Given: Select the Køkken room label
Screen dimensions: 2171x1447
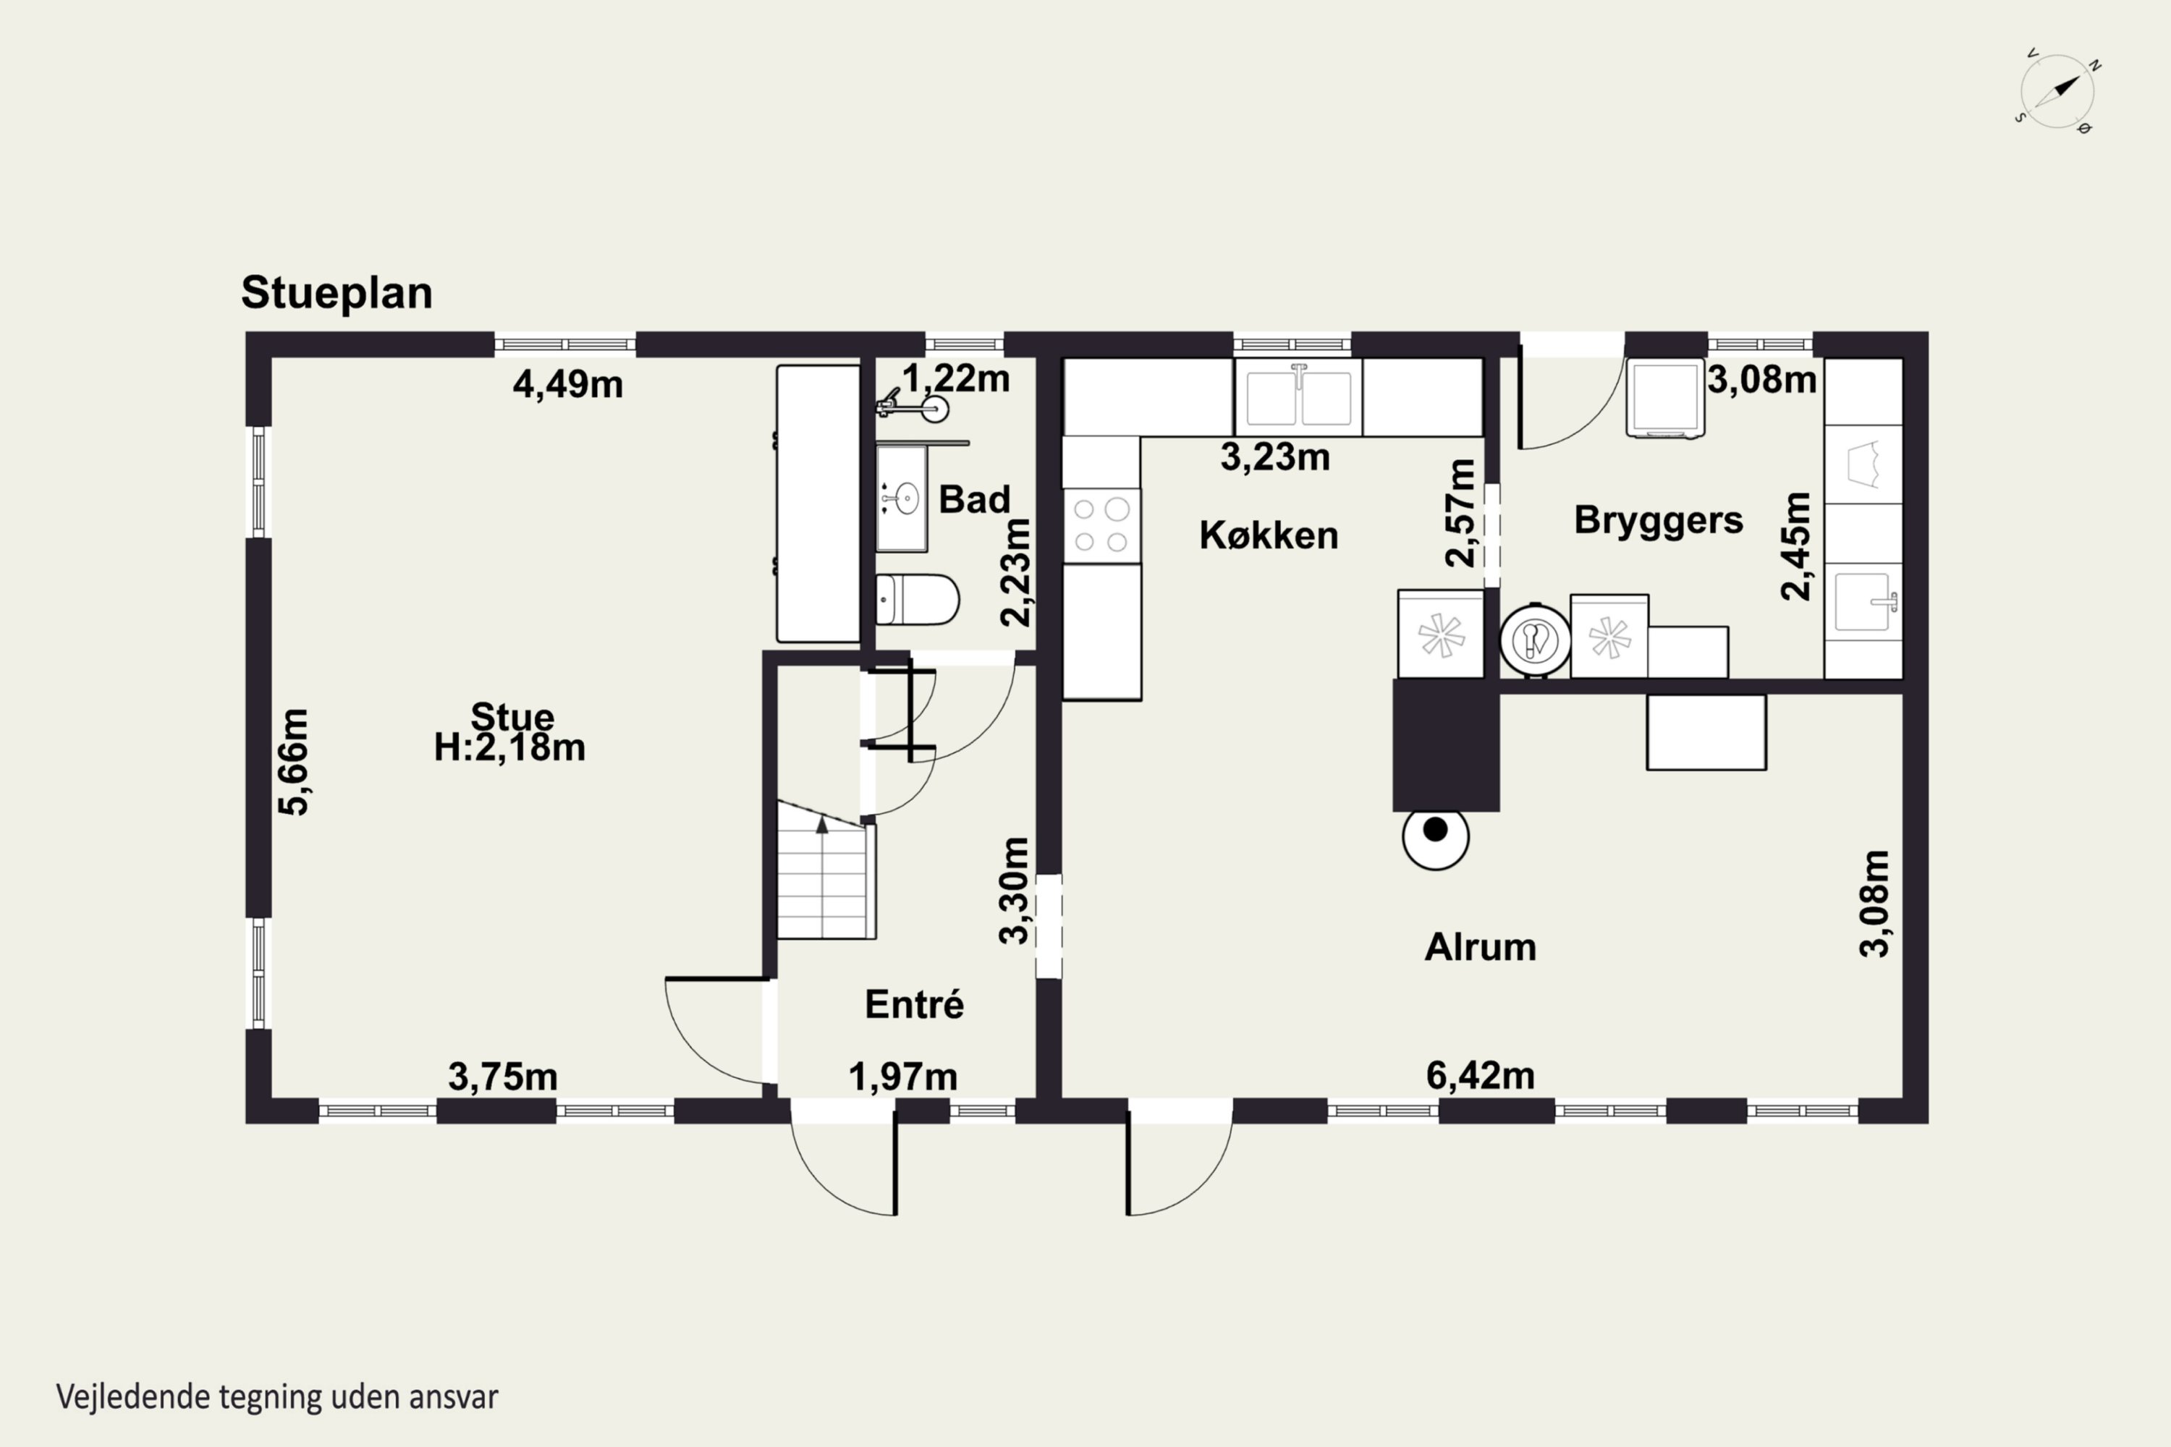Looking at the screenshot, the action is pos(1269,536).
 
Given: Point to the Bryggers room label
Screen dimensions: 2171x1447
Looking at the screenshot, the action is pos(1659,520).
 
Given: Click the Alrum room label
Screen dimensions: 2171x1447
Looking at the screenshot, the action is pos(1481,948).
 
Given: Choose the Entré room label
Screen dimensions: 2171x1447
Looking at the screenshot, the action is pos(915,1004).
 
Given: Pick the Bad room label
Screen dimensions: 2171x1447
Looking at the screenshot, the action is pos(975,499).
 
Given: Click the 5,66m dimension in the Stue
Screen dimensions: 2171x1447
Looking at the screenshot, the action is pos(294,763).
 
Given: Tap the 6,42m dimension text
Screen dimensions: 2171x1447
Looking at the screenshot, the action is pos(1481,1076).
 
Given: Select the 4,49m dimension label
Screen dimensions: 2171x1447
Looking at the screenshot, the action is pos(567,384).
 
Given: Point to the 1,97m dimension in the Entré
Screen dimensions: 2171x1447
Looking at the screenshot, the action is pos(902,1077).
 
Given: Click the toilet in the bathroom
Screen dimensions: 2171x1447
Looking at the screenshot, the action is pos(918,600).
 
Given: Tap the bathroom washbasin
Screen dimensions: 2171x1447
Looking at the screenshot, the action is pos(902,498).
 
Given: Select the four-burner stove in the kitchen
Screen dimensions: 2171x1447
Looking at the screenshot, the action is pos(1101,526).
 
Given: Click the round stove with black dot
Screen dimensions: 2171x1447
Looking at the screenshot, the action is pos(1435,837).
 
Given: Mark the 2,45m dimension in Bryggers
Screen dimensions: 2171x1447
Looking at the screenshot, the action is pos(1796,546).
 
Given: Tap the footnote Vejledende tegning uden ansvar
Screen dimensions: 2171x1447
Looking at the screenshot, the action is pos(277,1396).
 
